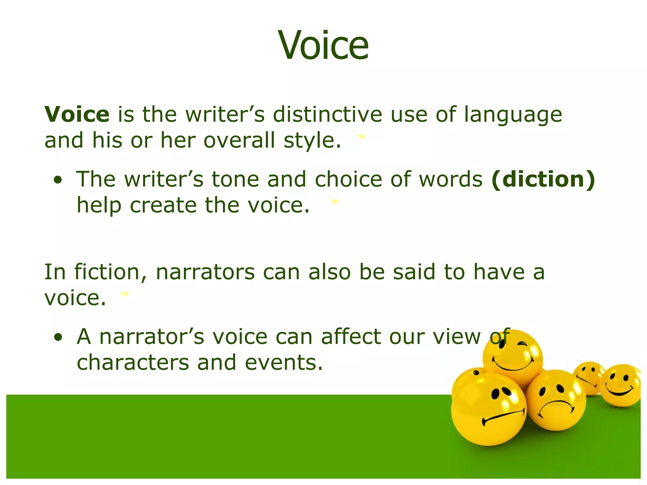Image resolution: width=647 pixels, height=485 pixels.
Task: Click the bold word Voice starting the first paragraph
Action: pos(77,114)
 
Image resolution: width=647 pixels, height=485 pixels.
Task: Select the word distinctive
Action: pos(327,114)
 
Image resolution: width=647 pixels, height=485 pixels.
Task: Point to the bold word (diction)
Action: pos(543,179)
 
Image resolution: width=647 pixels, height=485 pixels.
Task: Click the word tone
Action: pos(235,179)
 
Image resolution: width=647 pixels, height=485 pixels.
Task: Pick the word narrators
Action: pos(205,272)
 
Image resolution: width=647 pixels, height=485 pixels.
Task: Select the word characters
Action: pos(133,362)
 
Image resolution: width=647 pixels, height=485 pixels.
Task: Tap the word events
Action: pos(284,362)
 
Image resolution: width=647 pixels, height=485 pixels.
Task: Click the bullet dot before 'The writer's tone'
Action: pos(58,180)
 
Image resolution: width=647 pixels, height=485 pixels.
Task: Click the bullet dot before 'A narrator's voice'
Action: pos(58,338)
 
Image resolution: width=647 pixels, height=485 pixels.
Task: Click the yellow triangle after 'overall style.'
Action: pos(361,136)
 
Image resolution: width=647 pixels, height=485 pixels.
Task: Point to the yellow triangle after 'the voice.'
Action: pos(334,201)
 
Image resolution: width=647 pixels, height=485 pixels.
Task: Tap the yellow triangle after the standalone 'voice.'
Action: pos(125,294)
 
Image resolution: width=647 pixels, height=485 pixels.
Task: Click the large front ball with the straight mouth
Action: pos(488,410)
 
